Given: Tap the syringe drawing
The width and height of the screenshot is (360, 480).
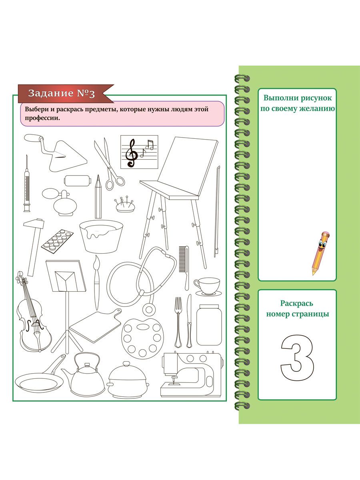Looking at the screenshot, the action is (x=27, y=184).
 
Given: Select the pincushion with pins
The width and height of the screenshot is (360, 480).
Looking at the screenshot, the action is (x=125, y=204).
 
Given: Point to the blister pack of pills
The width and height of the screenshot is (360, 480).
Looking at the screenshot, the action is (x=57, y=241).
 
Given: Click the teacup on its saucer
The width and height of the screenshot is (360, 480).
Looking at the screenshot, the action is (x=208, y=287).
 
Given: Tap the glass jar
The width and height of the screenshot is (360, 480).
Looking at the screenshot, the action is (x=209, y=325).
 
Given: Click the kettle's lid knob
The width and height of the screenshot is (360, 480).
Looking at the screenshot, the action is (x=87, y=364).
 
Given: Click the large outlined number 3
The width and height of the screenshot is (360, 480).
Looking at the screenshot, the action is (x=297, y=358).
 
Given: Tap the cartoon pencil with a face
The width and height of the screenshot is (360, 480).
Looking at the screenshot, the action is (x=320, y=252).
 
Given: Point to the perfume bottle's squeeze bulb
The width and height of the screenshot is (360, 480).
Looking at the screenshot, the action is (x=49, y=193).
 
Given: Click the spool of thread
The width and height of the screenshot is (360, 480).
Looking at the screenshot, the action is (x=77, y=180).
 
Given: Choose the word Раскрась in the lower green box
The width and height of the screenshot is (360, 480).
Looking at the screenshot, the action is (x=296, y=304).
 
